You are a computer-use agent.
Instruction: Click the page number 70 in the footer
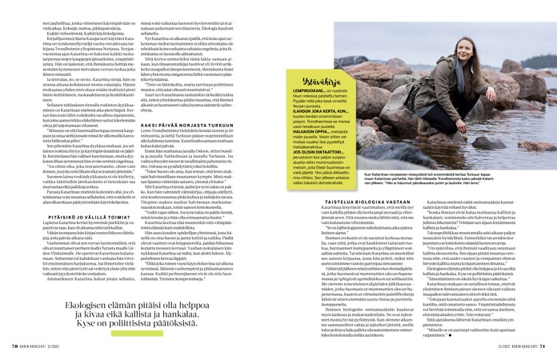pos(14,346)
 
